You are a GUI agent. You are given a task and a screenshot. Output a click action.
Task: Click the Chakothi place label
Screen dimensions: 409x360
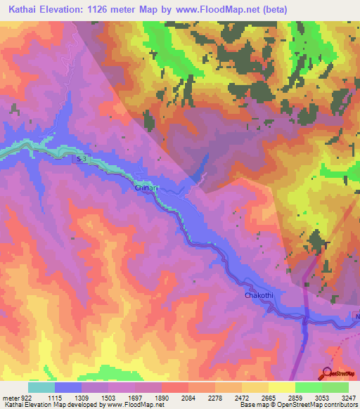[x=258, y=296]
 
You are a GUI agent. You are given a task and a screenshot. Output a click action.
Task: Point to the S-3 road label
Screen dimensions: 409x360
[x=82, y=161]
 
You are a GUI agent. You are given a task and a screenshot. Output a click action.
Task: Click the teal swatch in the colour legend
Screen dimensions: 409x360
[x=41, y=387]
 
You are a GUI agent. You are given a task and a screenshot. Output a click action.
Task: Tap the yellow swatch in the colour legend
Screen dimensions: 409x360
[x=282, y=387]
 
